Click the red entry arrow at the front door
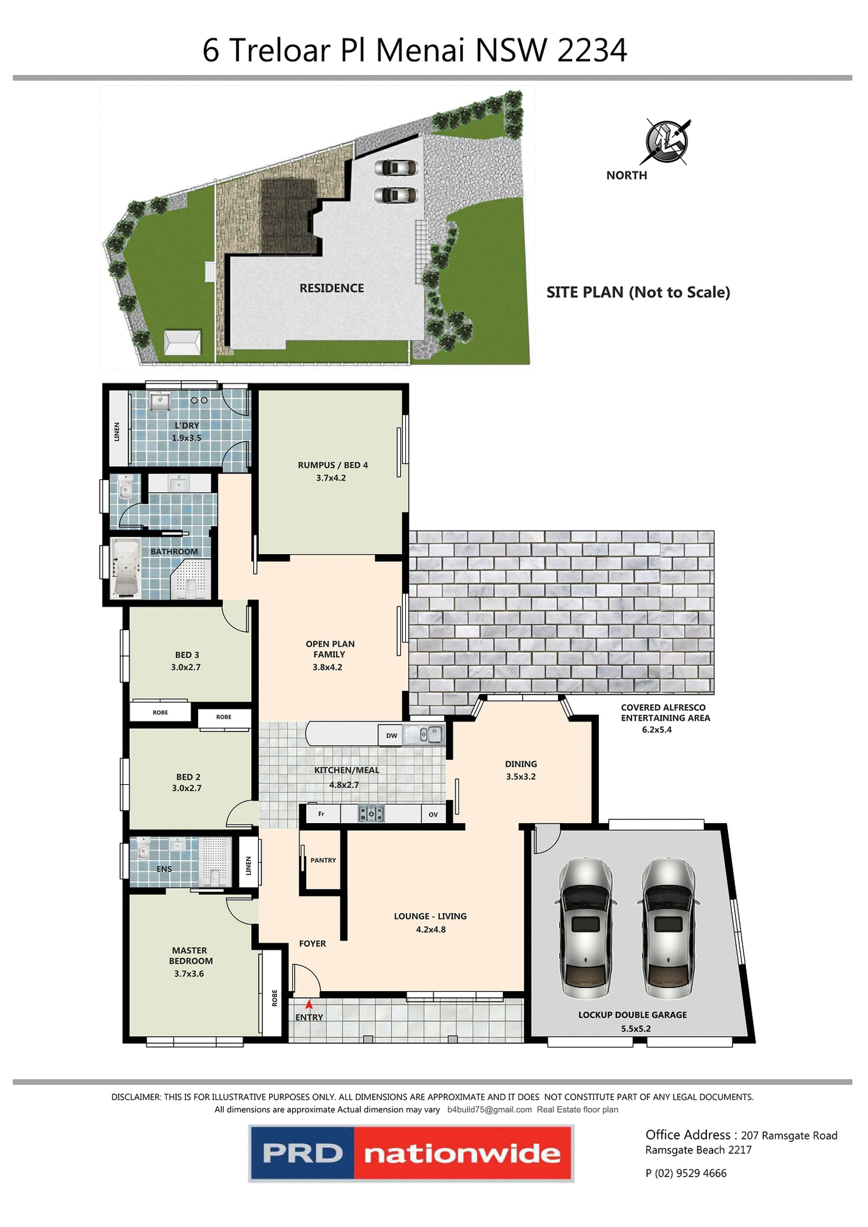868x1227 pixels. point(309,1005)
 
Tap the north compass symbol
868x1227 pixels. point(666,141)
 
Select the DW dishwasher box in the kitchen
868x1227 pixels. point(391,736)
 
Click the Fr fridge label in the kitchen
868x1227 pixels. point(321,814)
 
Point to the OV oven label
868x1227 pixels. point(433,814)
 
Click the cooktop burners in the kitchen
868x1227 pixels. point(371,814)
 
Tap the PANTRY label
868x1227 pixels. point(323,860)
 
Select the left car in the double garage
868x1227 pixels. point(585,929)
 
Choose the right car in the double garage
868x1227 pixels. point(668,929)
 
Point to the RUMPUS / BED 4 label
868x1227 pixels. point(332,465)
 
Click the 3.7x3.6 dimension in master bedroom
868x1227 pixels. point(189,974)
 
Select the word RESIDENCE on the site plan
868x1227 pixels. point(331,288)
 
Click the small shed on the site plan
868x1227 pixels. point(182,342)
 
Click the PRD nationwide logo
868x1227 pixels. point(411,1154)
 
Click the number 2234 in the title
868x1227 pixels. point(591,50)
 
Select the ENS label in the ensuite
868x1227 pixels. point(164,869)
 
